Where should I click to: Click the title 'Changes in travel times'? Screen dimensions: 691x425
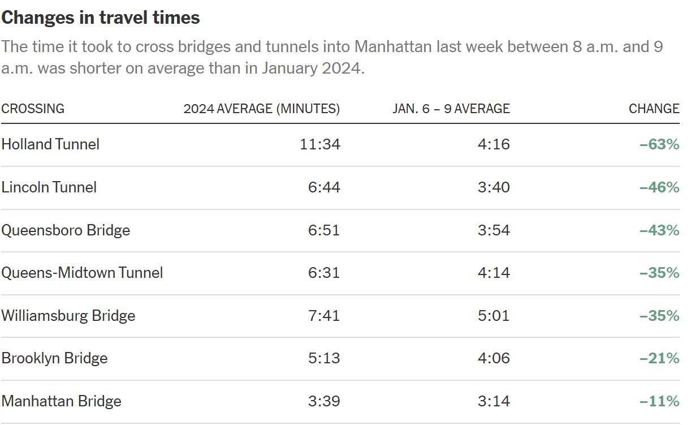pyautogui.click(x=101, y=18)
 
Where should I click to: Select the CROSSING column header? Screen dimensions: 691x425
pyautogui.click(x=33, y=109)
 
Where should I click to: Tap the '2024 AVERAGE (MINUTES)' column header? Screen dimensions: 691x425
pyautogui.click(x=262, y=109)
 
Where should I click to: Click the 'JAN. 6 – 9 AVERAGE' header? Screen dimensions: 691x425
pyautogui.click(x=451, y=109)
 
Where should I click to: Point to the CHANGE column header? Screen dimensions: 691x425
pyautogui.click(x=654, y=109)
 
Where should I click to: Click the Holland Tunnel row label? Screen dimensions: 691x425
pyautogui.click(x=50, y=144)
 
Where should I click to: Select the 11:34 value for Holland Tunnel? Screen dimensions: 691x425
pyautogui.click(x=320, y=144)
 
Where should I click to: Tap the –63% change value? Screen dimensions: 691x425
pyautogui.click(x=659, y=144)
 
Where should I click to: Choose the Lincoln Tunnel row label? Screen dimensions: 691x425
pyautogui.click(x=49, y=187)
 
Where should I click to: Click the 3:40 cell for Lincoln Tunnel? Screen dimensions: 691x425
pyautogui.click(x=494, y=187)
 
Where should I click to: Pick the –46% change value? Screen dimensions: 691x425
pyautogui.click(x=659, y=187)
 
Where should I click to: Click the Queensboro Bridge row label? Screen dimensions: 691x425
pyautogui.click(x=66, y=230)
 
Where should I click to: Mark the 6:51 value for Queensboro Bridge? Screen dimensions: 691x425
pyautogui.click(x=324, y=230)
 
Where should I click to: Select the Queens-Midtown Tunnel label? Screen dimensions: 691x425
pyautogui.click(x=82, y=273)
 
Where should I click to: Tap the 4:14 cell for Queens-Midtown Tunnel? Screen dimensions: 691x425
pyautogui.click(x=494, y=273)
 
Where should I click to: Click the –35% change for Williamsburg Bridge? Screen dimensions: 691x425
pyautogui.click(x=659, y=315)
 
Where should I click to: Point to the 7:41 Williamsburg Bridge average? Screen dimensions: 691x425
pyautogui.click(x=324, y=315)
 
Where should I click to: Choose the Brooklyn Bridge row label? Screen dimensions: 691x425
pyautogui.click(x=54, y=358)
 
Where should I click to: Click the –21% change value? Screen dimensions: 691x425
pyautogui.click(x=659, y=358)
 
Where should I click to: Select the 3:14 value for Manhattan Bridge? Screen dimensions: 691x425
pyautogui.click(x=494, y=401)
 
